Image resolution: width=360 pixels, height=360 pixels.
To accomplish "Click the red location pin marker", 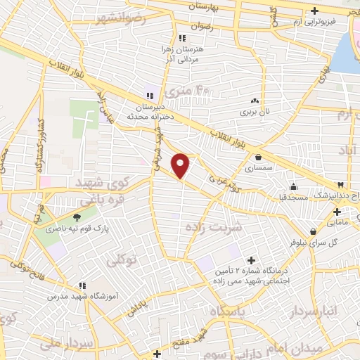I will (x=181, y=165).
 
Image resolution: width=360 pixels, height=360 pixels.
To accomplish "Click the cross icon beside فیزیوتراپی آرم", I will (x=315, y=11).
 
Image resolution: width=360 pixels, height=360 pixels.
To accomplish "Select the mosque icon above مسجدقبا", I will (x=293, y=187).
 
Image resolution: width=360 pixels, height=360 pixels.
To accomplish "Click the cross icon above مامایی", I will (x=337, y=212).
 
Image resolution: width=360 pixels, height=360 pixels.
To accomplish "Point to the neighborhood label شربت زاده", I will (x=212, y=227).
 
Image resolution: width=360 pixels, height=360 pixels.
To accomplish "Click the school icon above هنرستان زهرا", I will (x=182, y=38).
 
